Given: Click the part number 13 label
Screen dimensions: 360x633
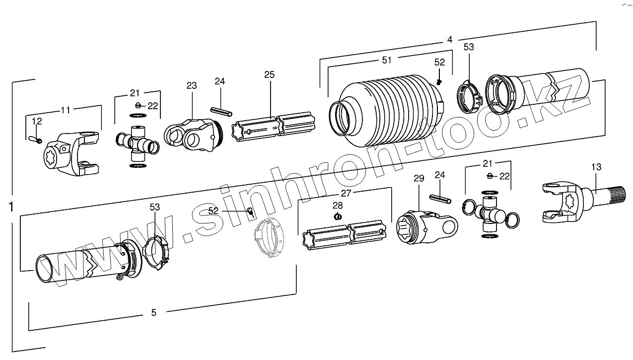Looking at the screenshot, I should [596, 167].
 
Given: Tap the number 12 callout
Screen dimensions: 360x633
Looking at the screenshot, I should [37, 121].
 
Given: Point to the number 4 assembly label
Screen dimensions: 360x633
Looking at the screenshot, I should [449, 40].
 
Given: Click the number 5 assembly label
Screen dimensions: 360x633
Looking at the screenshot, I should [153, 312].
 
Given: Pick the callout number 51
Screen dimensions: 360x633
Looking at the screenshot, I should [387, 60].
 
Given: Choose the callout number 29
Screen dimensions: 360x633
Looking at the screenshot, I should [419, 178].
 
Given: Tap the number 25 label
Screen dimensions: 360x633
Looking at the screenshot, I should [269, 75].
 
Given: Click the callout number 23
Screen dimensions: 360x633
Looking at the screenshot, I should [192, 85].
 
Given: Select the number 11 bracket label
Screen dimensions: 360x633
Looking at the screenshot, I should [66, 110].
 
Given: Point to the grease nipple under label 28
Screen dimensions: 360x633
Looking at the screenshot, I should [337, 216].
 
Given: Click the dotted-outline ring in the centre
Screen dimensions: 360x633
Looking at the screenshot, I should [269, 238].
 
